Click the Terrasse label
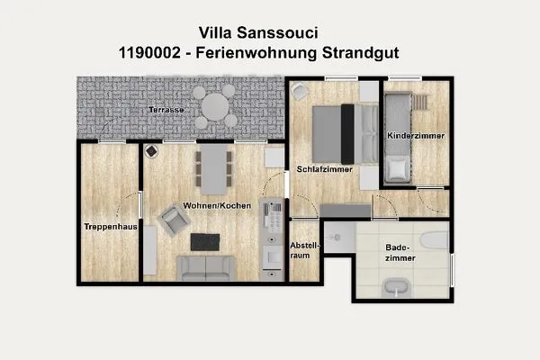pos(166,109)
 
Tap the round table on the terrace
pos(216,107)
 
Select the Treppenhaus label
pos(110,227)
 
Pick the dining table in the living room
pos(212,168)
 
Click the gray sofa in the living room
pos(206,267)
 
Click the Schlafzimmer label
pos(323,168)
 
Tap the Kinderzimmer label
pos(415,136)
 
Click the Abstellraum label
pos(302,249)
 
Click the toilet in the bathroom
pos(434,239)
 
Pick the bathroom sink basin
pos(396,287)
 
